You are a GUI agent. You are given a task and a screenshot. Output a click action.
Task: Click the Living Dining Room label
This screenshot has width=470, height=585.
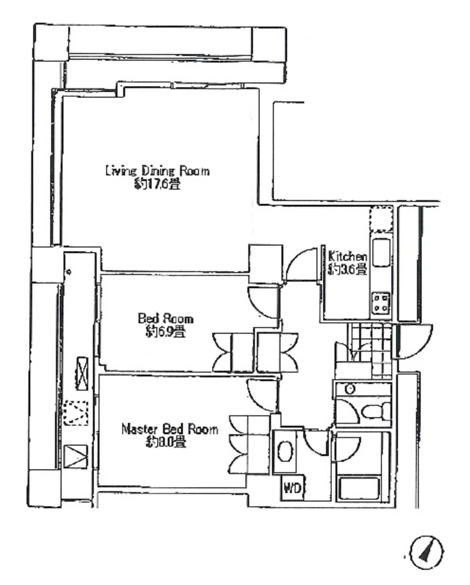157,171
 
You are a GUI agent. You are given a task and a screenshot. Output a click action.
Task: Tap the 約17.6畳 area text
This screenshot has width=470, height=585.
157,184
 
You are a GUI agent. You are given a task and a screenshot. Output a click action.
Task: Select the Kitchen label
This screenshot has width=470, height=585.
348,256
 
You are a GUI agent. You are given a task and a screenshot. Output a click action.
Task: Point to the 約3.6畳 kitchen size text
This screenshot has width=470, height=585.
347,269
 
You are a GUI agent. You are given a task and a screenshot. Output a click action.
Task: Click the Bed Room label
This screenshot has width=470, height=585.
165,319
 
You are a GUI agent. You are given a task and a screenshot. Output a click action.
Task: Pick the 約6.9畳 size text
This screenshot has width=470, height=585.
165,331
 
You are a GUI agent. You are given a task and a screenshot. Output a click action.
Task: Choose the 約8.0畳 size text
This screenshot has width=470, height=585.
166,442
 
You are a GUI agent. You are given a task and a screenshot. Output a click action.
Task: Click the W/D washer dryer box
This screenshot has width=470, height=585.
293,487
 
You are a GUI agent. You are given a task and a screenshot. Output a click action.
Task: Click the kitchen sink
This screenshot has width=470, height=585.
381,252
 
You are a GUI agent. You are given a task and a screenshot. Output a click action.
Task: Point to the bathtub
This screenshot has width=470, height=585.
358,489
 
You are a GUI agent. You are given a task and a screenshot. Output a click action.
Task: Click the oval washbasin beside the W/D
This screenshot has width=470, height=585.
285,451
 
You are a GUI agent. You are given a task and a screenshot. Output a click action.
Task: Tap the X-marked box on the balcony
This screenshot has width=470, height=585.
81,374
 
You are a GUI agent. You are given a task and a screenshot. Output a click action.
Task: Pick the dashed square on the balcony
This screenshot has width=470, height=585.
76,413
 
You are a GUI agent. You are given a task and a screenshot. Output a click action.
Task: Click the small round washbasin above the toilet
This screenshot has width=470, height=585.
350,389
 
